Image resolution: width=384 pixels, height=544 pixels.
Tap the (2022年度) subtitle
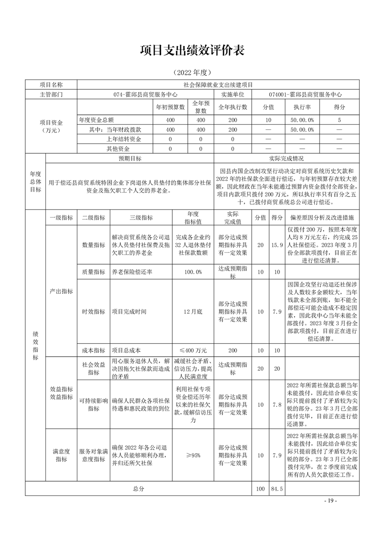(x=192, y=73)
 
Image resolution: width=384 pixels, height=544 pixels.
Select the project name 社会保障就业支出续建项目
(x=217, y=85)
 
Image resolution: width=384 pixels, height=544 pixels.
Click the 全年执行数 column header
(x=232, y=107)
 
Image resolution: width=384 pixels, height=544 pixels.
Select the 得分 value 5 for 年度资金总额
(x=339, y=119)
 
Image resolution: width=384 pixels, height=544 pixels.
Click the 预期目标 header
(x=129, y=159)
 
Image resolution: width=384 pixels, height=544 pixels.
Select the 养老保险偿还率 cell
(x=132, y=272)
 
